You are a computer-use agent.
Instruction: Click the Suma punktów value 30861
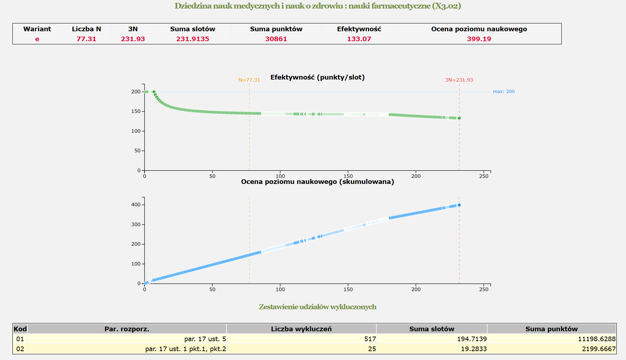point(276,39)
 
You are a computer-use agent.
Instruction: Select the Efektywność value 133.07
point(359,39)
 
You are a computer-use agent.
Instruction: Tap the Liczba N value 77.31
point(86,39)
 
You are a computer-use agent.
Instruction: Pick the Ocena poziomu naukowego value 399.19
point(479,39)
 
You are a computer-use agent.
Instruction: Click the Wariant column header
point(37,29)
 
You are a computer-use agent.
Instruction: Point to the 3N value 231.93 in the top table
point(133,39)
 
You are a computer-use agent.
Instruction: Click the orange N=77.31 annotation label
point(249,80)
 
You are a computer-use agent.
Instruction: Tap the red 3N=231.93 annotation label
point(459,80)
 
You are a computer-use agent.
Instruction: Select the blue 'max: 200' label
point(503,92)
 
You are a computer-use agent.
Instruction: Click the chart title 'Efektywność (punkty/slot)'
point(317,77)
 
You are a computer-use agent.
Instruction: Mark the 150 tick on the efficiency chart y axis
point(136,111)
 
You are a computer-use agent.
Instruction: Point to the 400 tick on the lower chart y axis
point(136,205)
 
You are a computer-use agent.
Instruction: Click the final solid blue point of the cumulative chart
point(459,205)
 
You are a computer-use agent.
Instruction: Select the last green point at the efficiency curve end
point(459,118)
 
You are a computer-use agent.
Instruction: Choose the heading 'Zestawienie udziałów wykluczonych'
point(317,307)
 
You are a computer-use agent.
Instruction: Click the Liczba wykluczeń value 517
point(370,339)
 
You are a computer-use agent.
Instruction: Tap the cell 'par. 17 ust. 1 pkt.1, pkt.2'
point(185,349)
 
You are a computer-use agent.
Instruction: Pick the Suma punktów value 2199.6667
point(598,349)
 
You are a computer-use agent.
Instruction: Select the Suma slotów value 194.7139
point(472,339)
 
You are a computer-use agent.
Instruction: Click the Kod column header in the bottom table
point(20,329)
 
